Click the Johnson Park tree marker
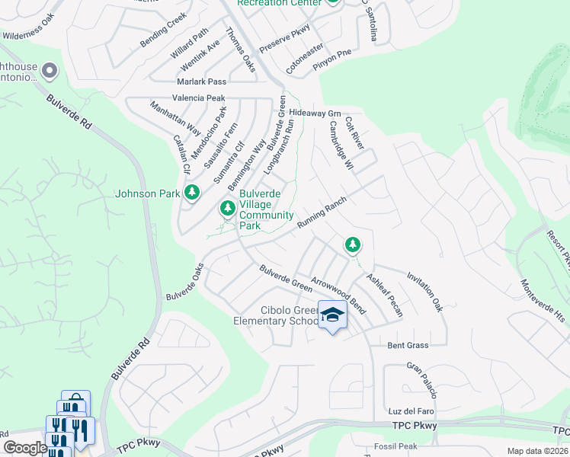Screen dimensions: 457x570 192,193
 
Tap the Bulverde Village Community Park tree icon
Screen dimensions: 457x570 227,207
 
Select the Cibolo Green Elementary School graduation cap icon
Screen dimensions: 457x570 332,315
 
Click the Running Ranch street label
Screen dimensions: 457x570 322,213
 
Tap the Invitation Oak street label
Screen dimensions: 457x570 424,292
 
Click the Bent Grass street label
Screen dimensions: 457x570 408,345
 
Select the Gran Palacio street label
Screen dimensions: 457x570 421,380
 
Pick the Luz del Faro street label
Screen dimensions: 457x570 410,411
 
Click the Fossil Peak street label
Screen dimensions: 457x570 395,446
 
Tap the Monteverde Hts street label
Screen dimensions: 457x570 542,299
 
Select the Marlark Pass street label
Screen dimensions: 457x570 202,81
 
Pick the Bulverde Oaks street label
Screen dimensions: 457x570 185,281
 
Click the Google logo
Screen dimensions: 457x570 24,448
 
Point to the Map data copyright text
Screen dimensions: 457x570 538,451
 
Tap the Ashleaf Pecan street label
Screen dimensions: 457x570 384,296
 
